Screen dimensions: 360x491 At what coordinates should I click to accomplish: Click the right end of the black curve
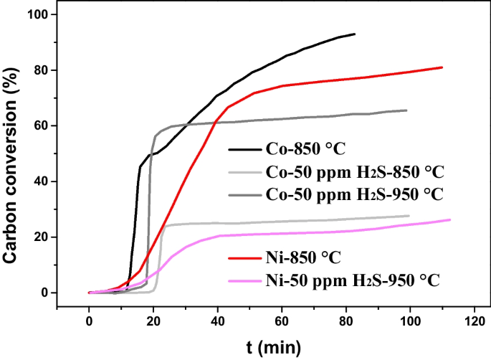(355, 34)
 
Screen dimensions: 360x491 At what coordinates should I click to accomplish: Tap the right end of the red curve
(442, 67)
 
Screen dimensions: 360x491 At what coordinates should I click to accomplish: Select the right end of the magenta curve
(450, 219)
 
